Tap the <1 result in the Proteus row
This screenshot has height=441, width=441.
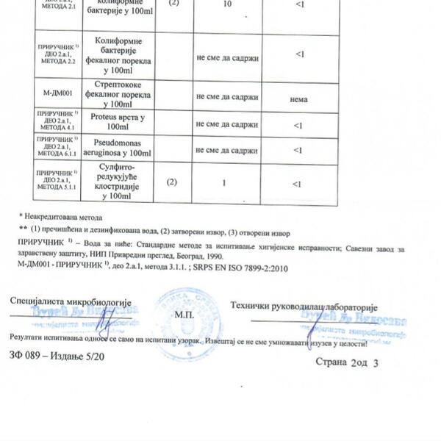[298, 125]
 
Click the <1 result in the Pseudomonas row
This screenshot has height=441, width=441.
[298, 150]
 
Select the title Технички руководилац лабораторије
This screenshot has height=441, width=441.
[304, 304]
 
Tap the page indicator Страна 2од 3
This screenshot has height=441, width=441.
[348, 362]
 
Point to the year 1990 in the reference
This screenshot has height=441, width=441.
[213, 257]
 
